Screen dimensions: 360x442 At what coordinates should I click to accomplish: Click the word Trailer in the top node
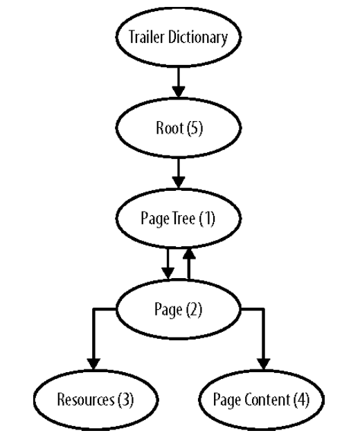pos(147,37)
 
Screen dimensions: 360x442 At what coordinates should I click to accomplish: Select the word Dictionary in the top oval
pos(198,37)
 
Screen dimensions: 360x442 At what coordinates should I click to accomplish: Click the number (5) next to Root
pos(195,128)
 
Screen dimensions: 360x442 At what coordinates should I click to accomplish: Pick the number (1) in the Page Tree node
pos(207,219)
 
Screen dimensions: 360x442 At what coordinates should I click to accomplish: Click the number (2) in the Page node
pos(194,309)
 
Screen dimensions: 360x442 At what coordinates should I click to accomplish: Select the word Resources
pos(86,400)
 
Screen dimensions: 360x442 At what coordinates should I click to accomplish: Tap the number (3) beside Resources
pos(125,400)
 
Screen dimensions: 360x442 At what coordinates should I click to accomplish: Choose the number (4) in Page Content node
pos(301,400)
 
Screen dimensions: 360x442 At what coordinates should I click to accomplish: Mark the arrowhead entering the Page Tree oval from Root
pos(179,183)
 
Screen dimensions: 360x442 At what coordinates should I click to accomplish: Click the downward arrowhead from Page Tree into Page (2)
pos(168,273)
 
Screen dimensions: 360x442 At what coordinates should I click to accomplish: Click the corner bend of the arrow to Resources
pos(94,309)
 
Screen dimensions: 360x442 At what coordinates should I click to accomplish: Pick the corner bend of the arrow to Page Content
pos(263,309)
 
